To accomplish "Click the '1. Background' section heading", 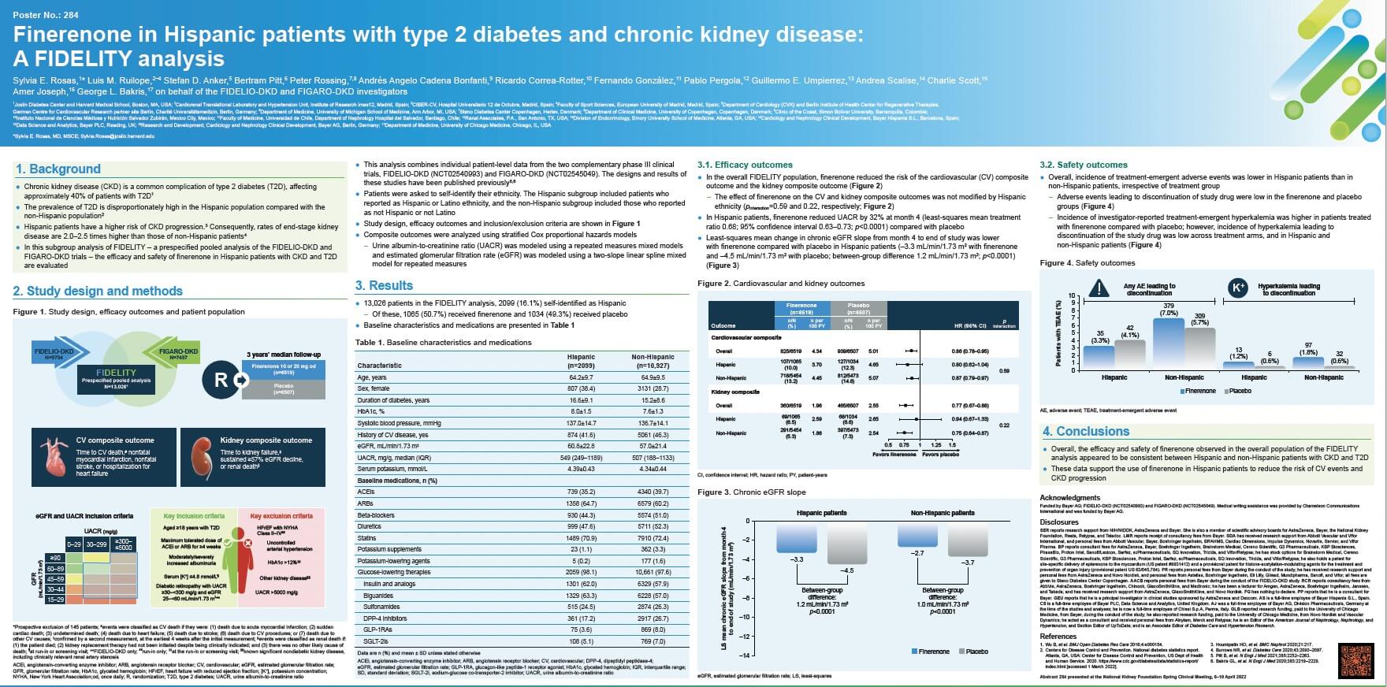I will point(58,169).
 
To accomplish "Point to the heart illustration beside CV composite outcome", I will point(54,457).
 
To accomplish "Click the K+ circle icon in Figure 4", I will point(1239,288).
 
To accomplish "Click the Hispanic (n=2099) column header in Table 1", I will point(582,362).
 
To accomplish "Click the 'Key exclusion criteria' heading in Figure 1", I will point(281,516).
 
